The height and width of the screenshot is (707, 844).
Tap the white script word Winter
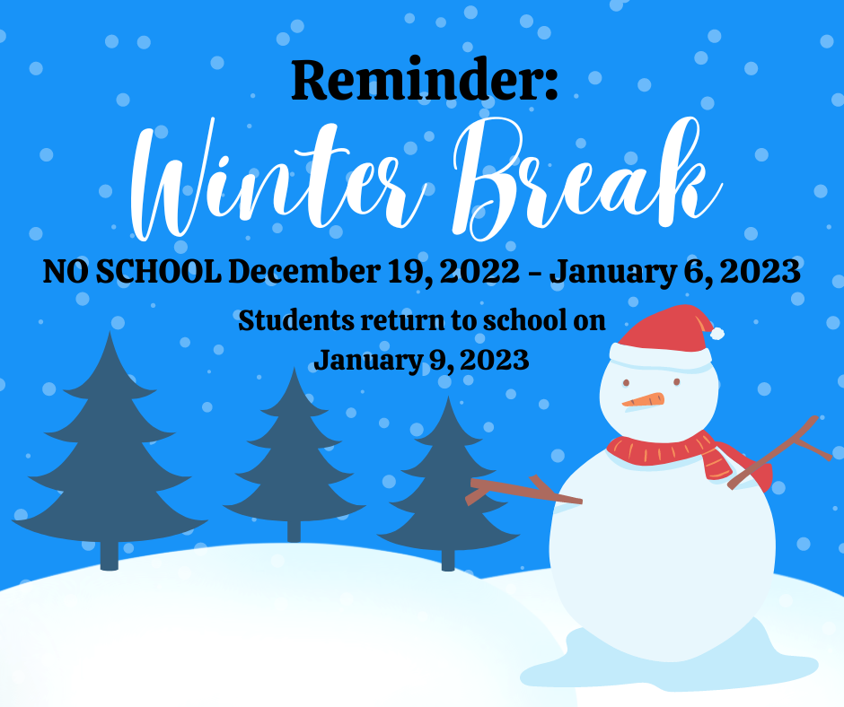pyautogui.click(x=279, y=180)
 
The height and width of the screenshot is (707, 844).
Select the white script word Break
pyautogui.click(x=586, y=178)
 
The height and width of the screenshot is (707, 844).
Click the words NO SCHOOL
pyautogui.click(x=132, y=271)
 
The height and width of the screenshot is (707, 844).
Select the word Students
pyautogui.click(x=296, y=320)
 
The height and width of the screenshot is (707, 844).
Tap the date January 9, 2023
pyautogui.click(x=421, y=360)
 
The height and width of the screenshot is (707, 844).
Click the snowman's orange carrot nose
pyautogui.click(x=643, y=400)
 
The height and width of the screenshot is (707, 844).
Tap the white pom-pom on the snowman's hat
pyautogui.click(x=717, y=333)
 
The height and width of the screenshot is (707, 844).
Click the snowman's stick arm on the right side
pyautogui.click(x=779, y=452)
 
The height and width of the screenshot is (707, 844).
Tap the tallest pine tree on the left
pyautogui.click(x=110, y=451)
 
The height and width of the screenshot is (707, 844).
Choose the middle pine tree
pyautogui.click(x=294, y=455)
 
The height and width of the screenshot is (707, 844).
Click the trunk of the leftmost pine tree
pyautogui.click(x=110, y=554)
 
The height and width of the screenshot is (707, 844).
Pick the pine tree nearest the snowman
pyautogui.click(x=448, y=484)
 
